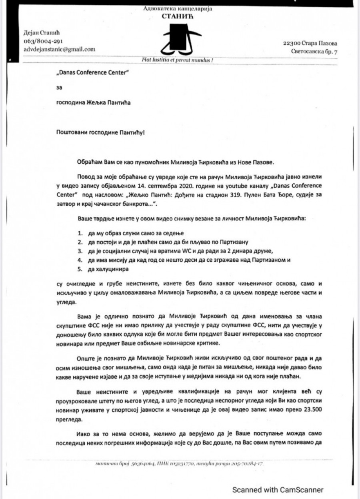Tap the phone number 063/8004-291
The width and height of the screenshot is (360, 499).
coord(43,41)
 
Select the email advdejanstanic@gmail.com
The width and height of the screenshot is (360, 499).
coord(60,49)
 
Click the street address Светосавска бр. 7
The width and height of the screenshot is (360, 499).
coord(314,52)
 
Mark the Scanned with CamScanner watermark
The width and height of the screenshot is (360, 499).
coord(278,489)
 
